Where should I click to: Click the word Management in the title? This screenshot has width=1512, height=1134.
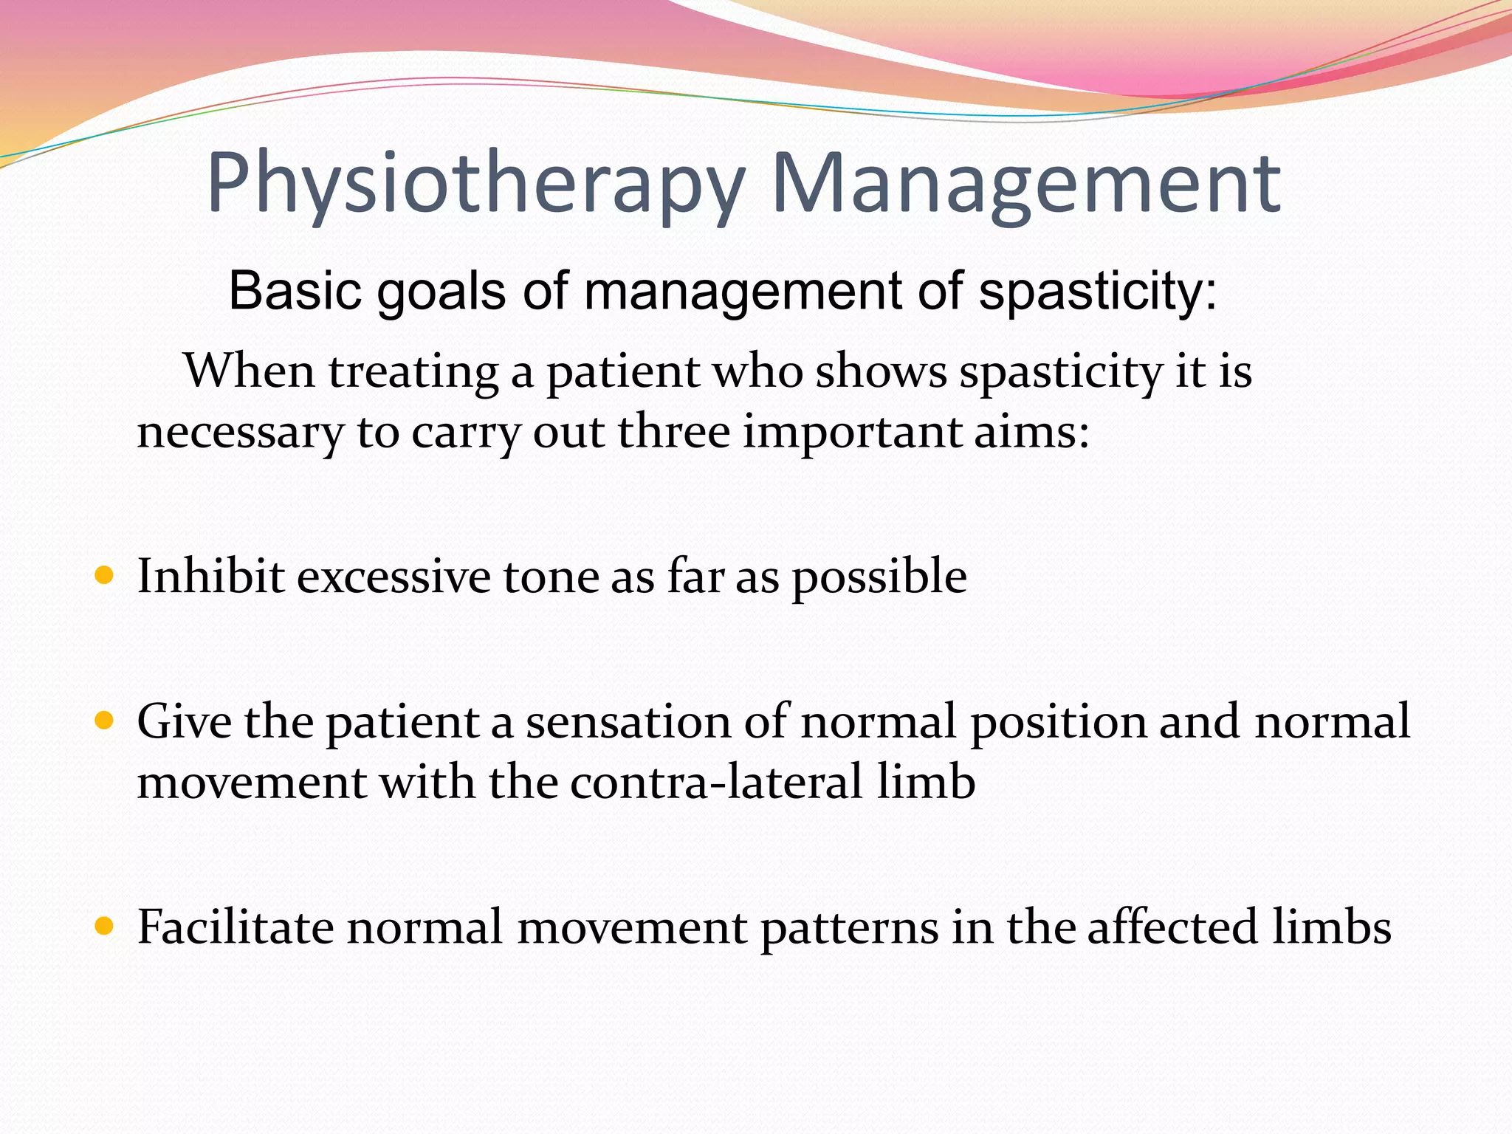point(1025,185)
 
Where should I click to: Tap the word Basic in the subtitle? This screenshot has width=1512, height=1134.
point(295,291)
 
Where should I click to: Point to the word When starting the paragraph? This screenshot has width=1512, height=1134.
point(250,371)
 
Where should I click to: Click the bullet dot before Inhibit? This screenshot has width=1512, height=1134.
point(105,575)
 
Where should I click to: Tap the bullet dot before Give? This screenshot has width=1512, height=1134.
point(105,721)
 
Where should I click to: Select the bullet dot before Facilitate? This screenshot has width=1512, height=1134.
point(105,926)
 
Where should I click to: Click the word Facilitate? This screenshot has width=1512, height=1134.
point(236,927)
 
